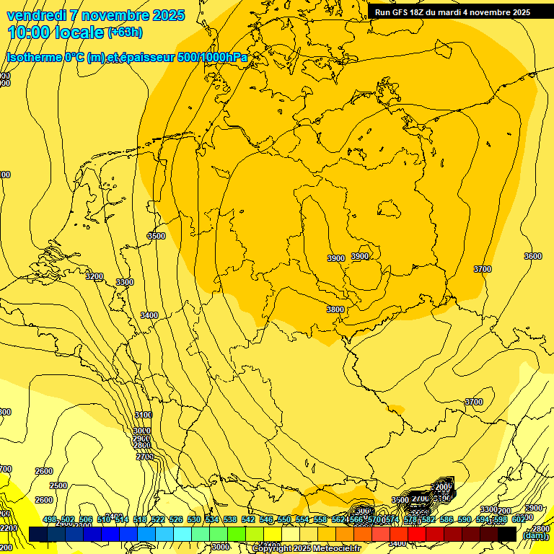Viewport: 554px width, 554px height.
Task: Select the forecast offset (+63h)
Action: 125,32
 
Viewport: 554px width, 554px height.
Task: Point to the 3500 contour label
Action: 156,236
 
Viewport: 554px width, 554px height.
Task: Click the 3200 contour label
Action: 94,276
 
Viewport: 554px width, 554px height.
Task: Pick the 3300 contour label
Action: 125,282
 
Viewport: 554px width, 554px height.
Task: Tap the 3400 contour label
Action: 149,315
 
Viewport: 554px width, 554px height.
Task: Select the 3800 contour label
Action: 335,309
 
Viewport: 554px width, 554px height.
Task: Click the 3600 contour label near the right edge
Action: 532,256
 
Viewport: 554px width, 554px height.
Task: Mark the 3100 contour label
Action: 144,415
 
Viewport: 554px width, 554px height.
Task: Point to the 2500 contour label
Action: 58,485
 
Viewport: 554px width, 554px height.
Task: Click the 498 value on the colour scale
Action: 49,520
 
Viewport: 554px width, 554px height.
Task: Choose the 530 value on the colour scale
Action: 194,520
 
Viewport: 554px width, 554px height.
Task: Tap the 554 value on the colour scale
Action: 302,520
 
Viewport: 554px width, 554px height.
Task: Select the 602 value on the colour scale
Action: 519,520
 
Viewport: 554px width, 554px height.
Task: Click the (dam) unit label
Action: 535,535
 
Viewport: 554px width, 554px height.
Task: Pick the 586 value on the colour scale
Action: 447,520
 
